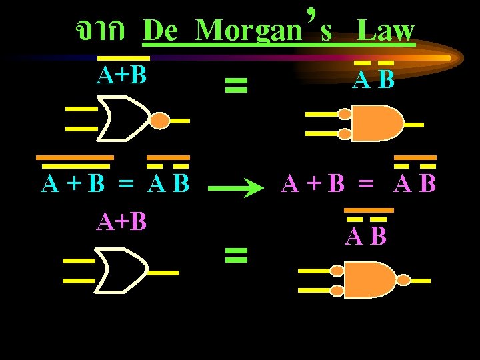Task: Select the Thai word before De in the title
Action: (x=99, y=29)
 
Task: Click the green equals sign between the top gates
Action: (x=236, y=85)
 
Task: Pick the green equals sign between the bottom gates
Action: (x=236, y=253)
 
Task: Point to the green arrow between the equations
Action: (x=237, y=189)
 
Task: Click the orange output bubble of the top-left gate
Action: (x=160, y=121)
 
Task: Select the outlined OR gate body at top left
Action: (x=124, y=119)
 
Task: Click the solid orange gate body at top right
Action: (x=377, y=124)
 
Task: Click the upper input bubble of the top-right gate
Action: (x=345, y=115)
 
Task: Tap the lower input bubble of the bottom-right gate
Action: (x=337, y=290)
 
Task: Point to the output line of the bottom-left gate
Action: (x=163, y=273)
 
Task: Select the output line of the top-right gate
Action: (x=413, y=125)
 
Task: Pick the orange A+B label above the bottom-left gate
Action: (x=121, y=221)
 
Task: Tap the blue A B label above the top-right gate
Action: (x=373, y=80)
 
